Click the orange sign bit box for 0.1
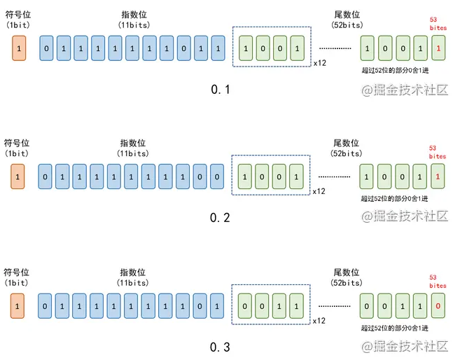tap(18, 48)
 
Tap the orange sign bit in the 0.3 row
tap(18, 305)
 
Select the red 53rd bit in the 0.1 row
tap(438, 48)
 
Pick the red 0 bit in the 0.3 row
tap(438, 305)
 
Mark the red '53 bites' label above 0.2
tap(438, 152)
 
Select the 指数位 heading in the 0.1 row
tap(132, 15)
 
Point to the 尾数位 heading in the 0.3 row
tap(347, 272)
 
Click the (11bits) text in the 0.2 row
tap(132, 153)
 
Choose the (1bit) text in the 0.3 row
tap(17, 282)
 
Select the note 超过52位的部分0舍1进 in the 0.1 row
tap(394, 70)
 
